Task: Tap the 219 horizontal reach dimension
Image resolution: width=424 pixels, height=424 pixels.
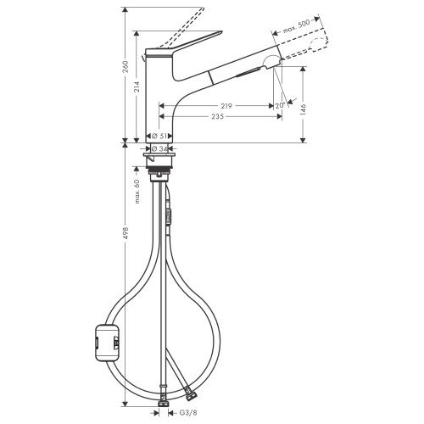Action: click(x=225, y=106)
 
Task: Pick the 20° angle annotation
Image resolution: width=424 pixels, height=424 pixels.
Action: click(x=279, y=106)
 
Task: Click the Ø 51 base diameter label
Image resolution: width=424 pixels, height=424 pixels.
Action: click(x=159, y=136)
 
